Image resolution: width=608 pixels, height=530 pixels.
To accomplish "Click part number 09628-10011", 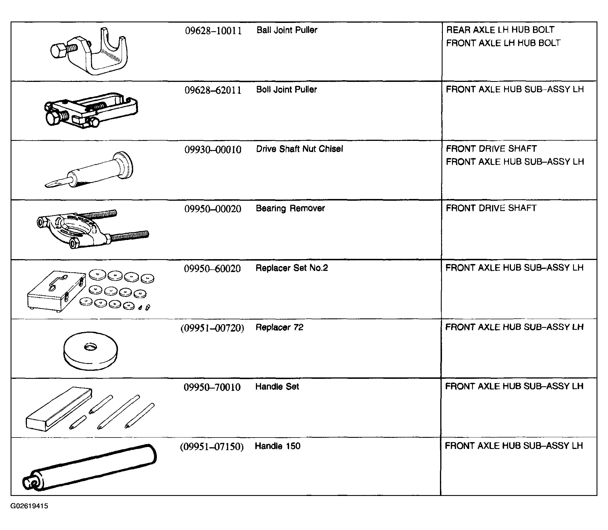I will click(x=213, y=31).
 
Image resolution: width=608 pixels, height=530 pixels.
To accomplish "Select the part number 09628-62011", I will click(x=213, y=90).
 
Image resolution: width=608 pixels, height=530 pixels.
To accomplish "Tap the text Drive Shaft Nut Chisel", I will click(x=299, y=149).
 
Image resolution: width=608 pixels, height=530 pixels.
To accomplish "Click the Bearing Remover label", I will click(x=290, y=208).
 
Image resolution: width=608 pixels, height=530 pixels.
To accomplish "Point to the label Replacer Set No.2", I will click(x=292, y=268).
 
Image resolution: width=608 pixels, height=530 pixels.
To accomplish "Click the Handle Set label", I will click(x=277, y=387).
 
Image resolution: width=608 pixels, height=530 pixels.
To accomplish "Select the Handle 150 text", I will click(x=277, y=446).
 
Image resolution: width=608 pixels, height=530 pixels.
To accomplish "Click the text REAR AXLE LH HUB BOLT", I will click(x=500, y=30).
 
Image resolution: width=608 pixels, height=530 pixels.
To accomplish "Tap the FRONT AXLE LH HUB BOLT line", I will click(x=503, y=43).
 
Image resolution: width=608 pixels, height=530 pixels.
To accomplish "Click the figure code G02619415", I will click(x=29, y=506).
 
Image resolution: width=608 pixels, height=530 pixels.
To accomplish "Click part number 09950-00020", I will click(x=213, y=209).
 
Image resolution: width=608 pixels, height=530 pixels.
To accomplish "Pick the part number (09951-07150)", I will click(x=212, y=447).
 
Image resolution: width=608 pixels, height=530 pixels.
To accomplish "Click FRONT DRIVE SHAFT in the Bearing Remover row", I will click(x=491, y=208).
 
